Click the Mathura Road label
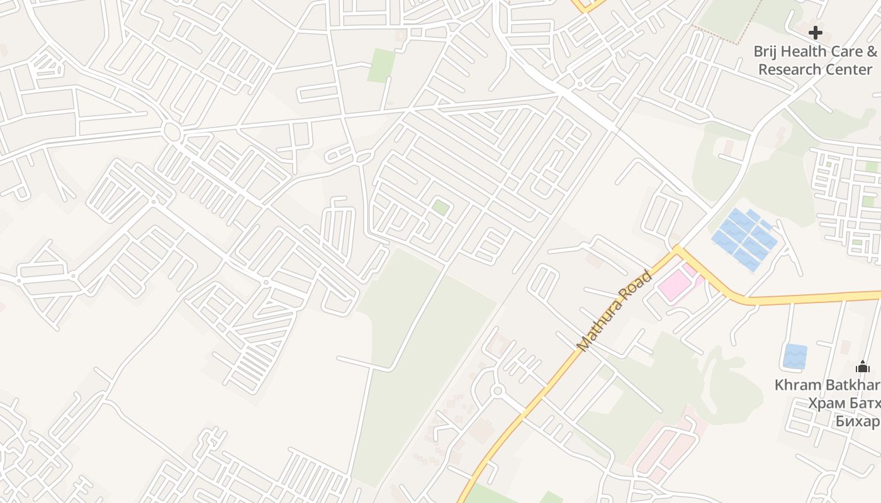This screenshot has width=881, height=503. click(x=614, y=311)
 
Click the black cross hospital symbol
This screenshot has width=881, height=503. click(x=816, y=33)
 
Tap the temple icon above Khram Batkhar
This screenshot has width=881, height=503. click(x=862, y=367)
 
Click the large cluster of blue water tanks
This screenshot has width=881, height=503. click(x=744, y=239)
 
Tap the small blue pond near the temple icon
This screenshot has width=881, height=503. click(x=795, y=357)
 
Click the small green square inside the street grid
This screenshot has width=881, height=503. click(x=441, y=207)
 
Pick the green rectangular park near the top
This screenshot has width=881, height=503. click(x=381, y=65)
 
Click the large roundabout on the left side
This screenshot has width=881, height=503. click(x=171, y=131)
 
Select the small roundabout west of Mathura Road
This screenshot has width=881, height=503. click(x=498, y=391)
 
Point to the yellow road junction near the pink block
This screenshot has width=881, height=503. click(x=677, y=250)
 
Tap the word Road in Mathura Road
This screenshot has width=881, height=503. click(x=637, y=287)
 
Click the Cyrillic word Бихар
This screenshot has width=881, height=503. click(x=857, y=421)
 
